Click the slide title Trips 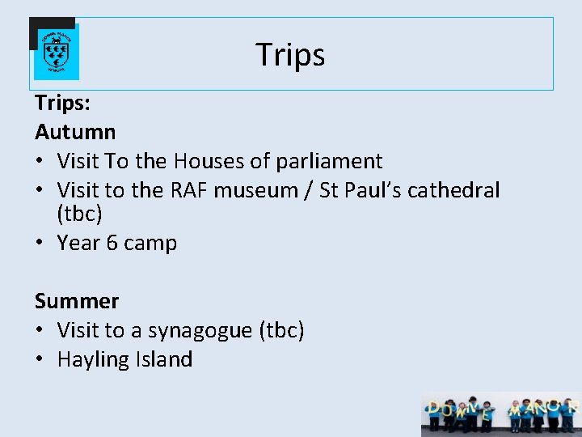pos(290,54)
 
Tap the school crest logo pos(56,50)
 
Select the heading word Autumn pos(75,131)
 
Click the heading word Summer pos(77,301)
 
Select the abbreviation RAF pos(190,191)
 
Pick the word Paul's pos(373,191)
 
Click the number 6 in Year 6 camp pos(112,243)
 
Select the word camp pos(150,243)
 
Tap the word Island pos(164,359)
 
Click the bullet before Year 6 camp pos(40,243)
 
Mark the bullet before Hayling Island pos(40,359)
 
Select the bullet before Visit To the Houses pos(40,161)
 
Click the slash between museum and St pos(309,191)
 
